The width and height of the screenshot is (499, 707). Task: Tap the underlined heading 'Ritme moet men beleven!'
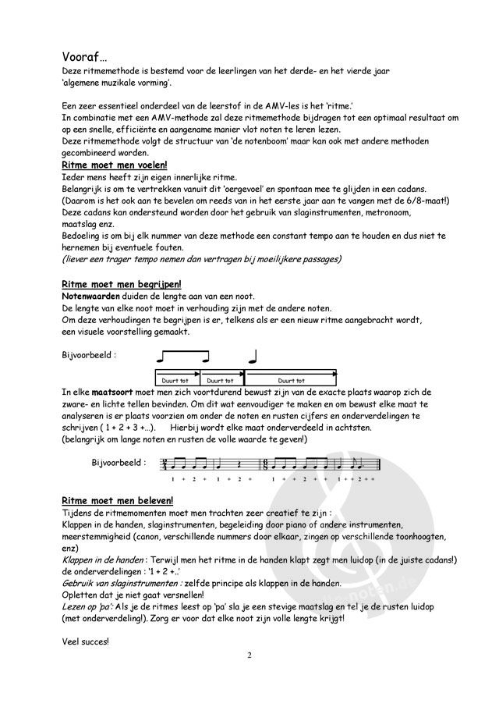[117, 499]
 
